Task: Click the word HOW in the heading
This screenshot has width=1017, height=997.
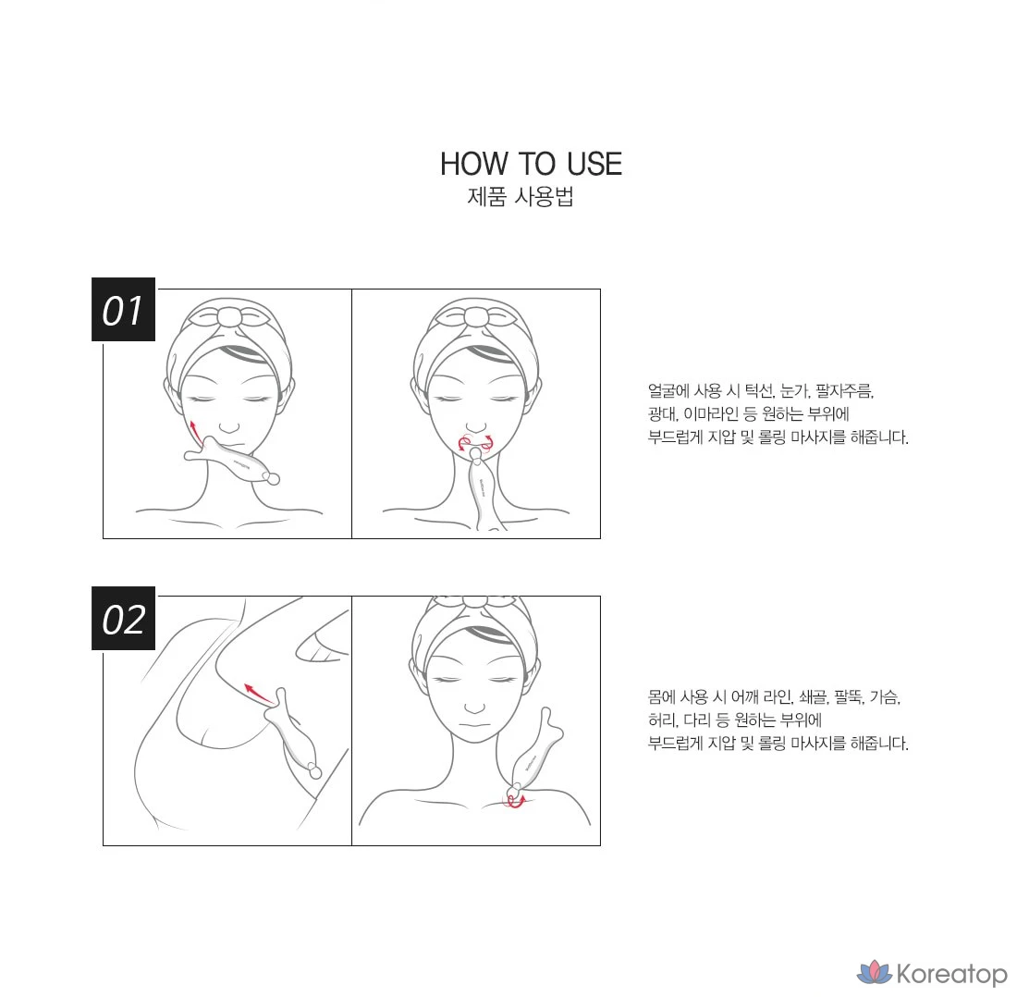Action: pos(472,164)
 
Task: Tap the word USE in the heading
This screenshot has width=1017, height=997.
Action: pos(594,164)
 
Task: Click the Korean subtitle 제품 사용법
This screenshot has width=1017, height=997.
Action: pos(521,197)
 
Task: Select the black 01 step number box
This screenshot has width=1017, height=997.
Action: pos(123,310)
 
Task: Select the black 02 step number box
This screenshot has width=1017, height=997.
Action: pos(123,618)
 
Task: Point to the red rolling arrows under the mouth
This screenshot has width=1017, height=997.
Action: pos(476,442)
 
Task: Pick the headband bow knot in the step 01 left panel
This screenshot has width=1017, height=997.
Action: pos(229,317)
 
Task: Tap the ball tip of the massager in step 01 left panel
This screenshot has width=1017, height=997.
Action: pos(273,479)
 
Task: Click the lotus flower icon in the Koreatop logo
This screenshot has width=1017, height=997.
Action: pos(875,971)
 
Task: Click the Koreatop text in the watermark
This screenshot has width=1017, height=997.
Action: pos(951,974)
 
